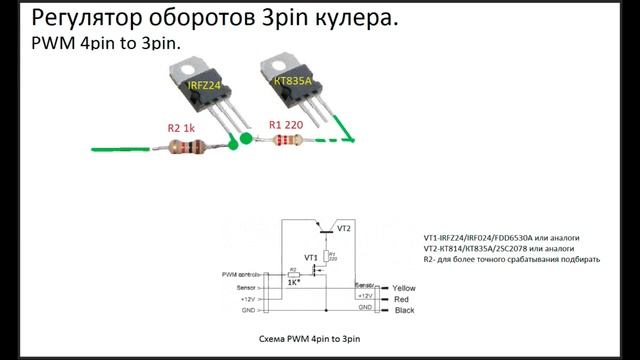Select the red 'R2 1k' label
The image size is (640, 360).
click(x=184, y=128)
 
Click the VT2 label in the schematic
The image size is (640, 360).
click(x=344, y=229)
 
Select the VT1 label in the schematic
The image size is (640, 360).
click(x=311, y=257)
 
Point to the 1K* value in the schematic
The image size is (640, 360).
click(x=295, y=283)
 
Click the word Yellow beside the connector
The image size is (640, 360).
click(x=404, y=288)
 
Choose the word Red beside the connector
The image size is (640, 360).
click(x=402, y=299)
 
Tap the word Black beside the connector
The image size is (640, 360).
click(x=404, y=310)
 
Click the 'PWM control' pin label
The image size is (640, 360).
click(x=241, y=273)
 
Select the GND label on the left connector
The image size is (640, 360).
click(x=248, y=310)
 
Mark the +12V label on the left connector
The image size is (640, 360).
click(x=248, y=298)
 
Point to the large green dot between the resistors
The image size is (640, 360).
click(x=234, y=144)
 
